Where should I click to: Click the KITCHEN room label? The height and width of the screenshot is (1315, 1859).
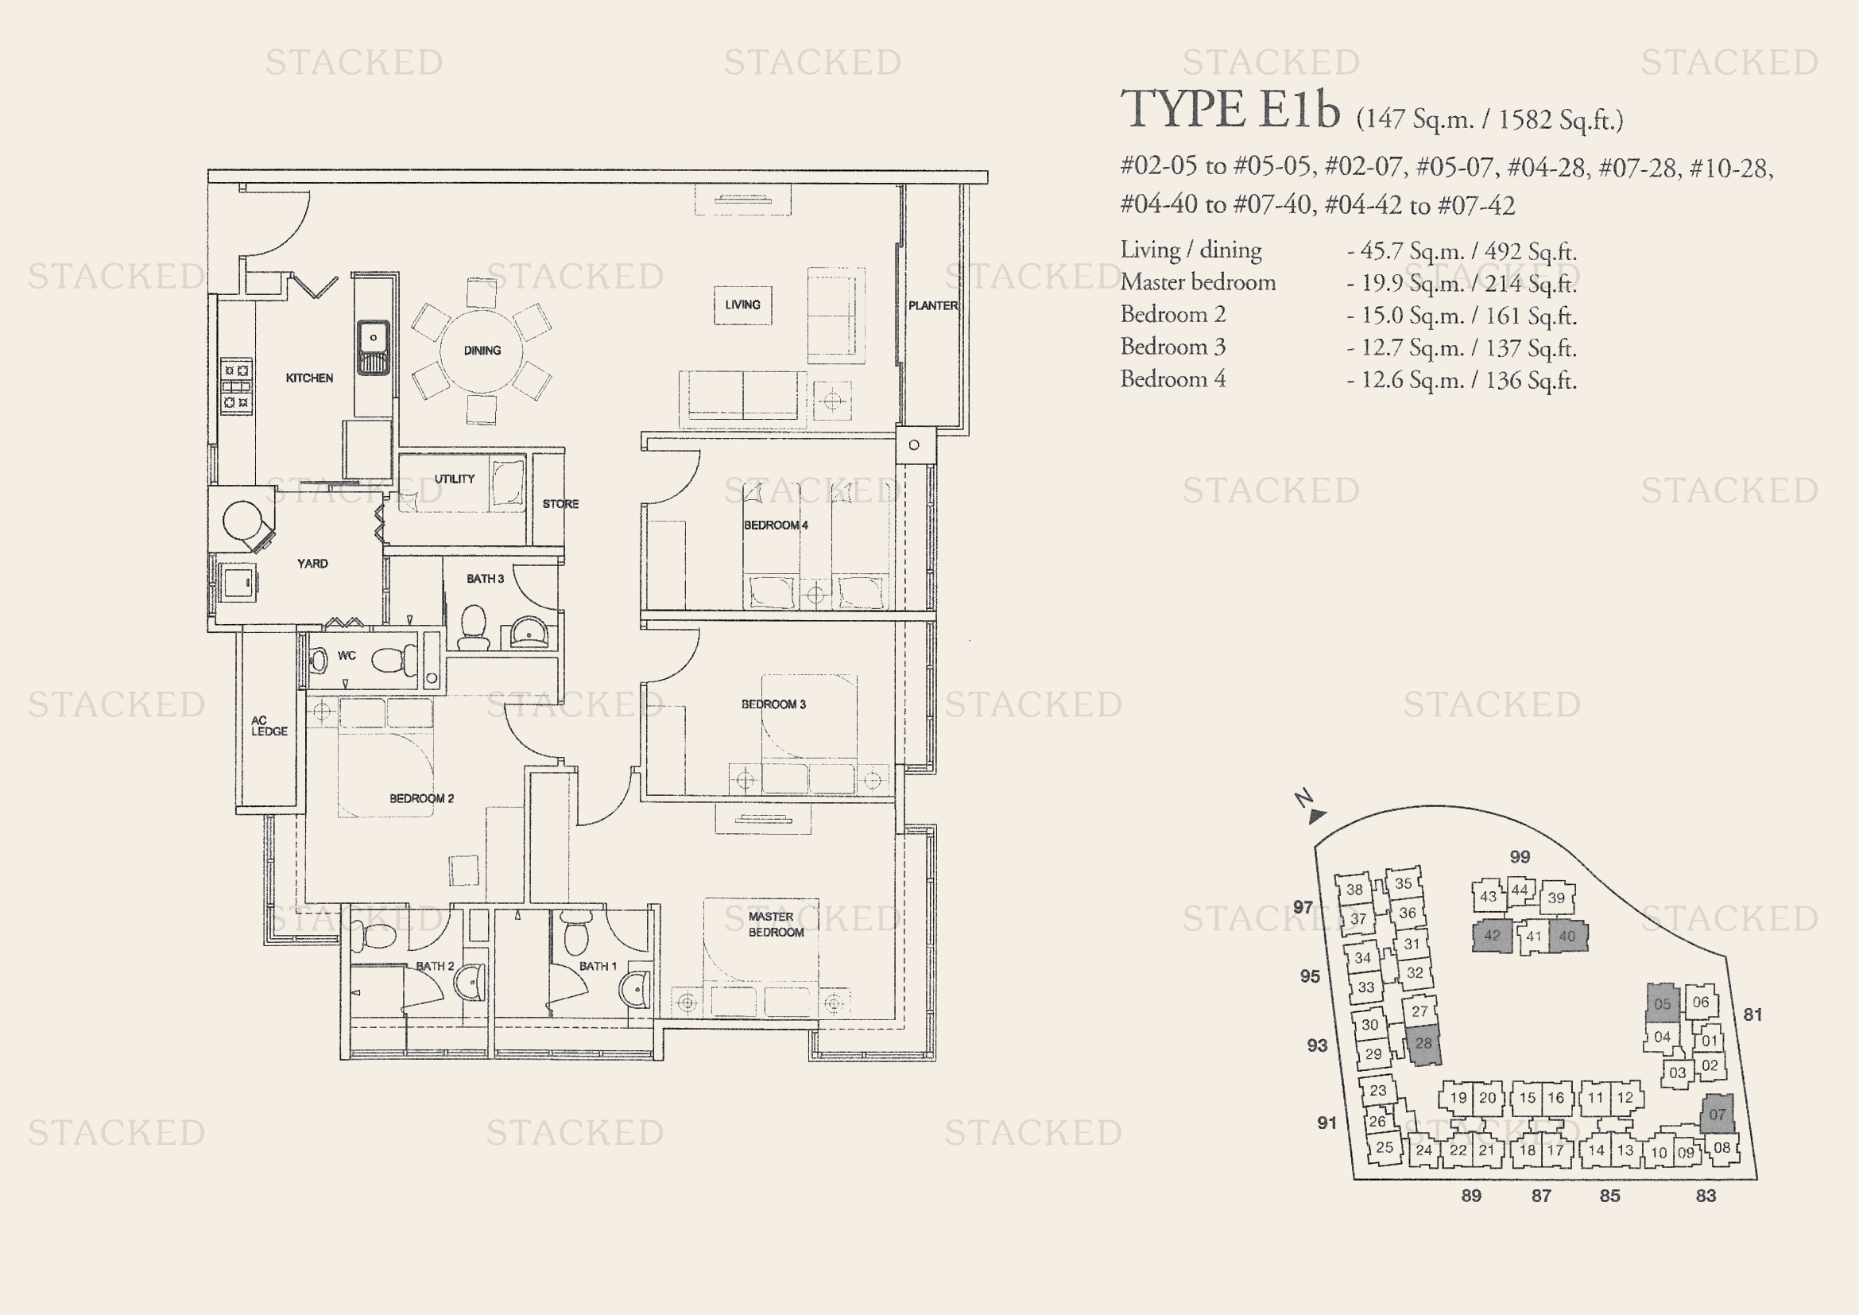pyautogui.click(x=309, y=378)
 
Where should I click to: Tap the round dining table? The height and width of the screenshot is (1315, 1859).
pyautogui.click(x=482, y=351)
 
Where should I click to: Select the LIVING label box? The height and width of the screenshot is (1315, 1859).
pyautogui.click(x=742, y=305)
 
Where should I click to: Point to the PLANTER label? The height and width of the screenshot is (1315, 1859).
pyautogui.click(x=933, y=306)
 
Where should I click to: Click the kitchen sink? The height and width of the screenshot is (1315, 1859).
pyautogui.click(x=374, y=347)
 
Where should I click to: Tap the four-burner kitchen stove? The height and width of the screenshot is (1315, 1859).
pyautogui.click(x=237, y=386)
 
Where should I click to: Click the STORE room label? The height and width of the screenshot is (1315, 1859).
pyautogui.click(x=560, y=503)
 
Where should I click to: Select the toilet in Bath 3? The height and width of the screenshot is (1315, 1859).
pyautogui.click(x=474, y=627)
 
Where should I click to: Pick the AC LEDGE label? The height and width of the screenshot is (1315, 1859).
pyautogui.click(x=269, y=726)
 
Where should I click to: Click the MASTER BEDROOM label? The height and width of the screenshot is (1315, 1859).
pyautogui.click(x=775, y=924)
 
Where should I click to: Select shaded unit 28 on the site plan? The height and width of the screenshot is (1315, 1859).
pyautogui.click(x=1423, y=1044)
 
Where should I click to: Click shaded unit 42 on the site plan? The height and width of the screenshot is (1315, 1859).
pyautogui.click(x=1491, y=936)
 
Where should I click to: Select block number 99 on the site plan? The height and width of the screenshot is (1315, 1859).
pyautogui.click(x=1520, y=857)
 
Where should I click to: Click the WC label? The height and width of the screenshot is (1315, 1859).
pyautogui.click(x=347, y=656)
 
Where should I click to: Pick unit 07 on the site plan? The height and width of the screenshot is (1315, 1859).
pyautogui.click(x=1717, y=1115)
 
